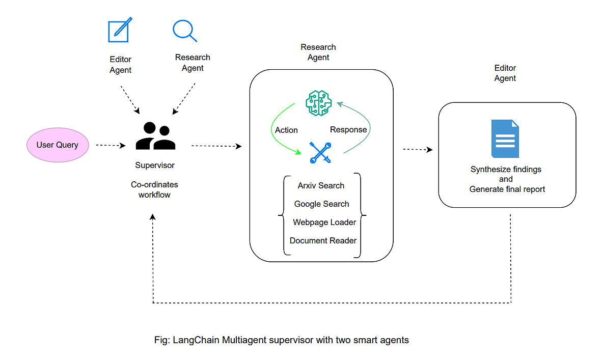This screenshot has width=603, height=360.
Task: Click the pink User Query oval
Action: [x=57, y=145]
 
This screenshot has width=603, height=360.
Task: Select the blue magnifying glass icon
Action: [x=184, y=31]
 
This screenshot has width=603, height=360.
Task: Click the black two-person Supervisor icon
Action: [x=155, y=136]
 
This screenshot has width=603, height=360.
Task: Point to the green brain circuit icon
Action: [x=318, y=102]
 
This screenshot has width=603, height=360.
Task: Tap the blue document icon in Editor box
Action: [x=505, y=139]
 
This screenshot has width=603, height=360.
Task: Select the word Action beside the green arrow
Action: [x=286, y=130]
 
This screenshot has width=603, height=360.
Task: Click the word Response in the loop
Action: [x=348, y=130]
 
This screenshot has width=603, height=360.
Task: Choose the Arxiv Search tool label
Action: [x=321, y=186]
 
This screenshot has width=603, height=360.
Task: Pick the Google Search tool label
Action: [x=321, y=204]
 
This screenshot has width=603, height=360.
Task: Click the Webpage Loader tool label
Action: [x=324, y=223]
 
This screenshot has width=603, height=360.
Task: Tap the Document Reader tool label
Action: [x=323, y=241]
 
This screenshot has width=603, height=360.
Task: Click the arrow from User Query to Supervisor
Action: [x=111, y=145]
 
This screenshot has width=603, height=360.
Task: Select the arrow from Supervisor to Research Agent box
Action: [x=216, y=146]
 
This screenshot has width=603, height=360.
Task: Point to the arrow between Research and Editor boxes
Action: [x=417, y=150]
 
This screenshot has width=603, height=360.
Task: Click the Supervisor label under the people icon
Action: [x=155, y=165]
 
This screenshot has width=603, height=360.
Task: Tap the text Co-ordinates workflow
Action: [x=154, y=189]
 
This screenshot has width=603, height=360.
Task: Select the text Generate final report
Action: [x=507, y=189]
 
